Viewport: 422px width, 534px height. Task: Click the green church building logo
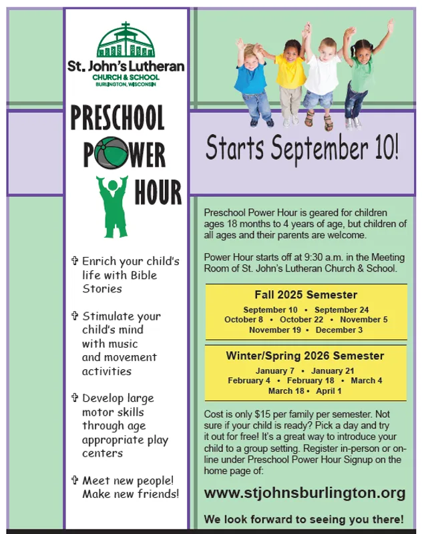(x=126, y=40)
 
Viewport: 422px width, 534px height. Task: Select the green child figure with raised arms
(x=113, y=206)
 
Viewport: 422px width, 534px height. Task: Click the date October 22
(x=301, y=320)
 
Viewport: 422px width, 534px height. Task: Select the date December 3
(x=339, y=330)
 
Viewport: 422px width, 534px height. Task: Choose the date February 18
(x=310, y=380)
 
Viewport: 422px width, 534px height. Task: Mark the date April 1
(x=329, y=391)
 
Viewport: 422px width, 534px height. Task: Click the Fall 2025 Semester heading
(x=306, y=294)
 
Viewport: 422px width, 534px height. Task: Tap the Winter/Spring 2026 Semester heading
(x=305, y=356)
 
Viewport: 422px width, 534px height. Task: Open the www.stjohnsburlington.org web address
(x=305, y=493)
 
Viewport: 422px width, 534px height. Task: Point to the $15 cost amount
(x=261, y=415)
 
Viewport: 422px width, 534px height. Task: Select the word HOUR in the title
(x=158, y=192)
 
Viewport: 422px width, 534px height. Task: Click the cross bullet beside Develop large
(x=75, y=397)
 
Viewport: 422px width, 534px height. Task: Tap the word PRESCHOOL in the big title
(x=118, y=117)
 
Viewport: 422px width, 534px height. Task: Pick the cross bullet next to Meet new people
(x=75, y=480)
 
